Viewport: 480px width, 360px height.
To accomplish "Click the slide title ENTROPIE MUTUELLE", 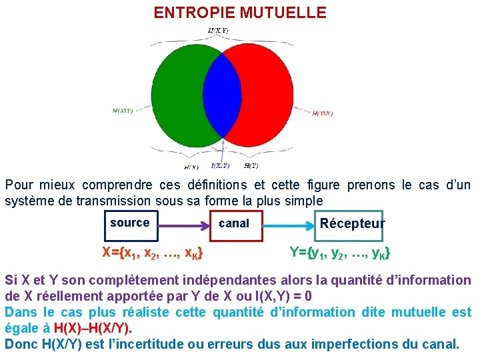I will pyautogui.click(x=240, y=13).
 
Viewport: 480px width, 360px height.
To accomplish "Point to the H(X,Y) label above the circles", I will pyautogui.click(x=219, y=30).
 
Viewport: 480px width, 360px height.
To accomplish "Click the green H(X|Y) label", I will pyautogui.click(x=122, y=111).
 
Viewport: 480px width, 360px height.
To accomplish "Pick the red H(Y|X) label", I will pyautogui.click(x=323, y=113).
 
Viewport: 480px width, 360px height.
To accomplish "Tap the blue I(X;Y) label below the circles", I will pyautogui.click(x=220, y=166).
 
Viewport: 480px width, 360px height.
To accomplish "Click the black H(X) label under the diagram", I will pyautogui.click(x=191, y=167).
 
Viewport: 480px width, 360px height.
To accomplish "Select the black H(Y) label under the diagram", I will pyautogui.click(x=251, y=166).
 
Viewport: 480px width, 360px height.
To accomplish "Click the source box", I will pyautogui.click(x=130, y=224).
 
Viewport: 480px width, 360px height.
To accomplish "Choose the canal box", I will pyautogui.click(x=235, y=224).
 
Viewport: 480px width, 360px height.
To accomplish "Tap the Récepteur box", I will pyautogui.click(x=352, y=224).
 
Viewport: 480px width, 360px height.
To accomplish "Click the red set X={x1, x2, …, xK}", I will pyautogui.click(x=153, y=253).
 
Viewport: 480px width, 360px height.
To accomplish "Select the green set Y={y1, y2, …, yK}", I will pyautogui.click(x=340, y=253).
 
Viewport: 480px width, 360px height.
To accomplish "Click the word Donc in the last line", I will pyautogui.click(x=20, y=344).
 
